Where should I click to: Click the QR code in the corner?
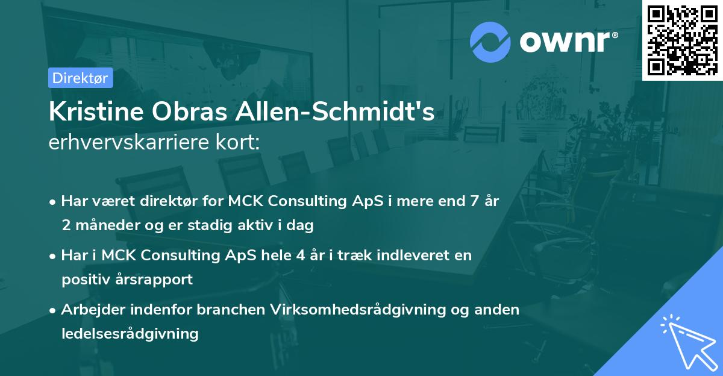pyautogui.click(x=682, y=40)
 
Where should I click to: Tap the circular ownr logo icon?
pyautogui.click(x=490, y=42)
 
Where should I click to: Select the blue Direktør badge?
pyautogui.click(x=80, y=78)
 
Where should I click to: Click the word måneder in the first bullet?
pyautogui.click(x=103, y=226)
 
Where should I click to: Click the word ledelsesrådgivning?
pyautogui.click(x=130, y=333)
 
